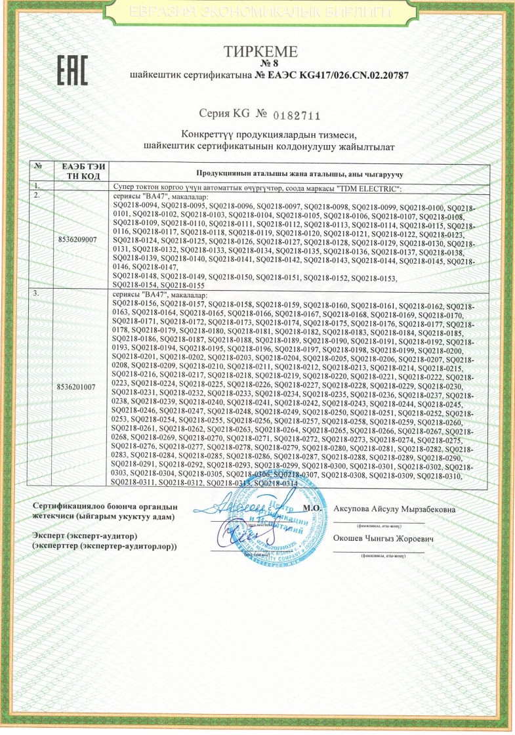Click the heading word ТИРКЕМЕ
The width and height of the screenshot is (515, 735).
(x=260, y=52)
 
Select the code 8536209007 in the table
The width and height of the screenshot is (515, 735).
(x=78, y=240)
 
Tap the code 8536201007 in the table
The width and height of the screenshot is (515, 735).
(x=78, y=387)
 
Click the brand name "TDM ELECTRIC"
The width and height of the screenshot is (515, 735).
(x=364, y=189)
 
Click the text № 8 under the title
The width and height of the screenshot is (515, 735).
(x=260, y=64)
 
